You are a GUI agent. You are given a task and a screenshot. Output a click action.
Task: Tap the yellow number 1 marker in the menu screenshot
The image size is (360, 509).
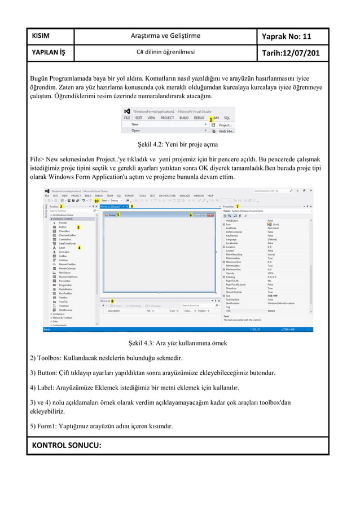(x=210, y=120)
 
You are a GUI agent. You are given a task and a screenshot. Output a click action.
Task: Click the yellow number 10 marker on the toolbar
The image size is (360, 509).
(x=96, y=200)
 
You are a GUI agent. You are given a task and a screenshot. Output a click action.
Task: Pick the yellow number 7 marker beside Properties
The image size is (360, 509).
(x=238, y=207)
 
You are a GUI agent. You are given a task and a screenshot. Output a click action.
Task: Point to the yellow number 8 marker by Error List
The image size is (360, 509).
(x=112, y=301)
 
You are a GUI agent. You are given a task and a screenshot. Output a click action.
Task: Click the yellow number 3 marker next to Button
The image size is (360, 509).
(x=78, y=227)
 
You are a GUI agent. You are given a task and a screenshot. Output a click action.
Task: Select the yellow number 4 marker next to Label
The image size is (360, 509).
(x=79, y=248)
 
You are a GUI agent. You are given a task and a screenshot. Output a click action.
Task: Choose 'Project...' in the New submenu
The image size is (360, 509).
(x=225, y=125)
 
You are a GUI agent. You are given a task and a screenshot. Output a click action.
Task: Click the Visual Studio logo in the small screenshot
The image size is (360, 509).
(x=128, y=111)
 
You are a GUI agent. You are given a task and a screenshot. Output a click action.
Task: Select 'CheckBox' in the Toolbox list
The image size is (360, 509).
(x=64, y=231)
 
